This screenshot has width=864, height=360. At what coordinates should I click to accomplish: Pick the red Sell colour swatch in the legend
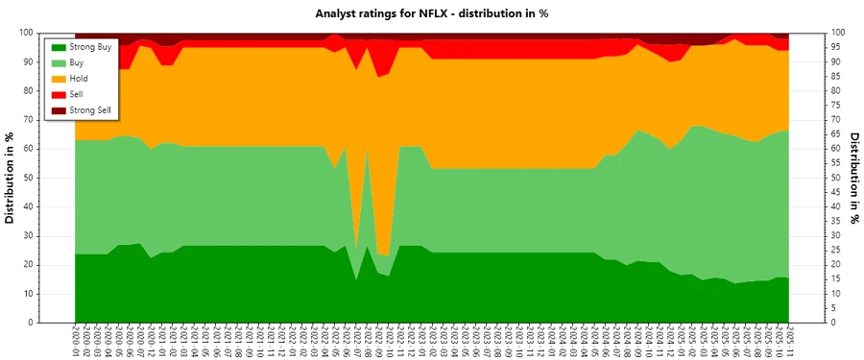[59, 94]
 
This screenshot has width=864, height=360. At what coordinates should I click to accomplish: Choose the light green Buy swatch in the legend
[59, 62]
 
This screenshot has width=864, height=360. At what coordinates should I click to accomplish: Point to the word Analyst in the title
[338, 13]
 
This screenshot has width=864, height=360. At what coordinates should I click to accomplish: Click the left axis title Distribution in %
[11, 179]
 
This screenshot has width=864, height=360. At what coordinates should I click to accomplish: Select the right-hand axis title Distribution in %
[852, 179]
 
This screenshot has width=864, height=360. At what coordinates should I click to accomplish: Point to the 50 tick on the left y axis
[56, 178]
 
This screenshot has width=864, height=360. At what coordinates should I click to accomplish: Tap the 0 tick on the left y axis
[59, 323]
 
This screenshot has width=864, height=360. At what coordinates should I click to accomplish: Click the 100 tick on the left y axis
[53, 32]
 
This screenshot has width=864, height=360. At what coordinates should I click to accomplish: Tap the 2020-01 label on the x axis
[75, 342]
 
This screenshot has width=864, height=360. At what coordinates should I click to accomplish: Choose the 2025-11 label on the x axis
[790, 342]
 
